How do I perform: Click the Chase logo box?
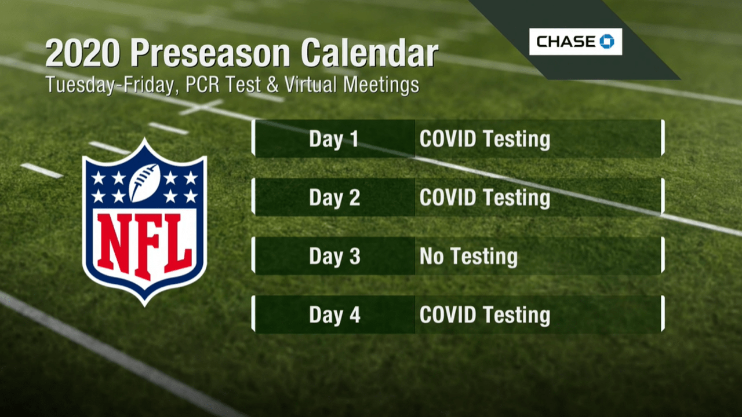pyautogui.click(x=576, y=42)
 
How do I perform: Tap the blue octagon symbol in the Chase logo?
pyautogui.click(x=607, y=41)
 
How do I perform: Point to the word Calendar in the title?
pyautogui.click(x=369, y=53)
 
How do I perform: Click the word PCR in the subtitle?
pyautogui.click(x=202, y=85)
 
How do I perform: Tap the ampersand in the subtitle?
pyautogui.click(x=272, y=85)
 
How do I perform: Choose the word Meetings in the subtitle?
pyautogui.click(x=381, y=85)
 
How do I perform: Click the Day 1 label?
pyautogui.click(x=334, y=139)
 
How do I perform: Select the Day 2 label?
pyautogui.click(x=334, y=197)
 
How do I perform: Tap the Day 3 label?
pyautogui.click(x=334, y=256)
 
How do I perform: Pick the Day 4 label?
pyautogui.click(x=334, y=314)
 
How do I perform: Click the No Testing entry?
pyautogui.click(x=468, y=257)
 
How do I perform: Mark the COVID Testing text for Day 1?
pyautogui.click(x=485, y=139)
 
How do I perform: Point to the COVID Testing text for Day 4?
pyautogui.click(x=485, y=314)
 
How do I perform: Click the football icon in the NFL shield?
pyautogui.click(x=144, y=182)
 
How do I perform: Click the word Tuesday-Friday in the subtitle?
pyautogui.click(x=110, y=85)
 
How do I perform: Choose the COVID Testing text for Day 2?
pyautogui.click(x=485, y=197)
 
